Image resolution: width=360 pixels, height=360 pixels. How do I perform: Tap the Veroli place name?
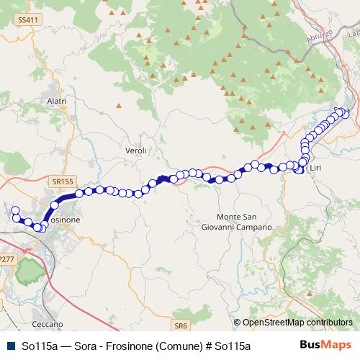[135, 150]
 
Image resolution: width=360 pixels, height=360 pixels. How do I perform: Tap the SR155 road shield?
[63, 181]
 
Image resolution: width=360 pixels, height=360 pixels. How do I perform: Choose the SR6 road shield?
[180, 325]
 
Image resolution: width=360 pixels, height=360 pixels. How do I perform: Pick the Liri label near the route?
[314, 168]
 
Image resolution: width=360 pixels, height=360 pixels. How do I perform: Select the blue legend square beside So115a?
[9, 346]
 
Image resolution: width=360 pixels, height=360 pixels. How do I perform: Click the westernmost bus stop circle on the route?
[15, 210]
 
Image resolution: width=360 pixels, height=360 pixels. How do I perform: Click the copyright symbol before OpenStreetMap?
[237, 323]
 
